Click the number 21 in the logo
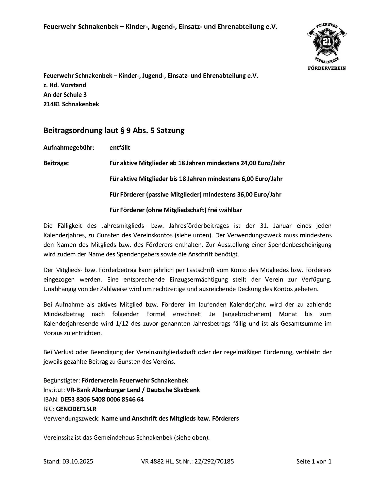tap(326, 42)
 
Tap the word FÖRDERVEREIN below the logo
tap(327, 68)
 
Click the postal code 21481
tap(52, 104)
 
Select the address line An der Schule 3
tap(65, 95)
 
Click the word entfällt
tap(120, 148)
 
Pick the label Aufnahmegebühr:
tap(69, 148)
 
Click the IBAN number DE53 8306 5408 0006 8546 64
tap(102, 399)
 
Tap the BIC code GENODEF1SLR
tap(76, 409)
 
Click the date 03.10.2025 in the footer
tap(78, 461)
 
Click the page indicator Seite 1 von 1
tap(314, 461)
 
